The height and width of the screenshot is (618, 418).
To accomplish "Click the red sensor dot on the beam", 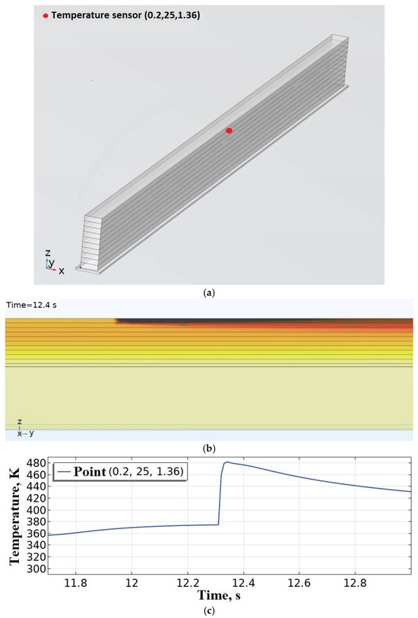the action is pyautogui.click(x=229, y=131).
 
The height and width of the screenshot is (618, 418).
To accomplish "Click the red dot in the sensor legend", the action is pyautogui.click(x=46, y=16).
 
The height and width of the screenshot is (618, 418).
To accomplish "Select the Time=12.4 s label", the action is pyautogui.click(x=31, y=305).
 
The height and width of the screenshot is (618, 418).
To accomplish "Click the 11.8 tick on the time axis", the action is pyautogui.click(x=76, y=583).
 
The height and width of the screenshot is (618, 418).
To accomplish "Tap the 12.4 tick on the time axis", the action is pyautogui.click(x=243, y=583).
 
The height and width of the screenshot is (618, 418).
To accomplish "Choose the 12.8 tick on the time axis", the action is pyautogui.click(x=355, y=583).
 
